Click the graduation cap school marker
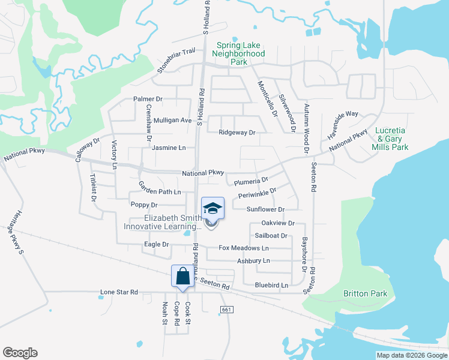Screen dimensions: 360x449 [x=213, y=208]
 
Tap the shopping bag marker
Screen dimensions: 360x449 [x=183, y=277]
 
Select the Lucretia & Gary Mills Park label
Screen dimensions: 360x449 [x=391, y=139]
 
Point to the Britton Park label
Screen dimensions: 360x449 [x=365, y=293]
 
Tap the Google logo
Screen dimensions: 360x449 [x=20, y=353]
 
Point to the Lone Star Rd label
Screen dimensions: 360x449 [x=119, y=292]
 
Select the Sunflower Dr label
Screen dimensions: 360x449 [x=265, y=209]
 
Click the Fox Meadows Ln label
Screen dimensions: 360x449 [x=244, y=248]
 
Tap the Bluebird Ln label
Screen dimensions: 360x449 [x=271, y=285]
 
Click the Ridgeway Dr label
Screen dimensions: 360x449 [x=237, y=132]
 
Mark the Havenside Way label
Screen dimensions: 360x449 [x=343, y=125]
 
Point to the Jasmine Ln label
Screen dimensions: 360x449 [x=169, y=148]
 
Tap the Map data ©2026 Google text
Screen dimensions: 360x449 [x=412, y=355]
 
